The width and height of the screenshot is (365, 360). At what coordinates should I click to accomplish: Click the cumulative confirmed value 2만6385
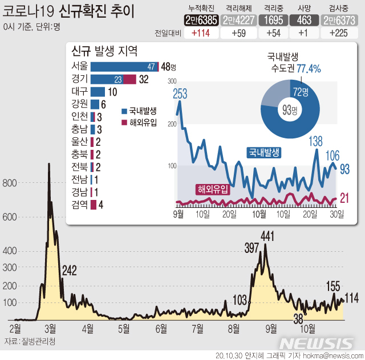(x=202, y=21)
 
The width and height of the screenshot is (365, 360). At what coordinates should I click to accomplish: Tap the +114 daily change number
(x=202, y=33)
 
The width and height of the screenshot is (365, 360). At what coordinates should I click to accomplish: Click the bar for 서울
(x=124, y=67)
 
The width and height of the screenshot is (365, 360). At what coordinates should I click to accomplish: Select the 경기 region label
(x=79, y=79)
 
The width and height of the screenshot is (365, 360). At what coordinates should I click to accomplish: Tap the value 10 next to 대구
(x=112, y=92)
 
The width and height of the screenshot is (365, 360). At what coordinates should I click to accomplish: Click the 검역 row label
(x=79, y=204)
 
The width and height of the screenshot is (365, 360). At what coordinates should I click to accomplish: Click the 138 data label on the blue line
(x=315, y=141)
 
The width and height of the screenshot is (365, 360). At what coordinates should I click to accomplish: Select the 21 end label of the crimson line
(x=344, y=198)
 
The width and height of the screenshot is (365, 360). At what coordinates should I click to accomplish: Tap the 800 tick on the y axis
(x=10, y=183)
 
